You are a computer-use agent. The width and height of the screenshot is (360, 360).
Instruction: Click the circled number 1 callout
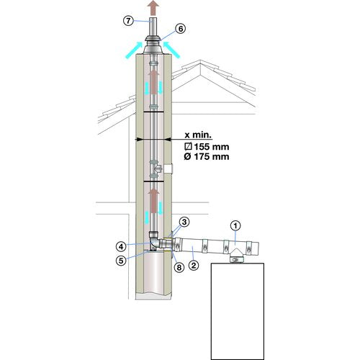(235, 226)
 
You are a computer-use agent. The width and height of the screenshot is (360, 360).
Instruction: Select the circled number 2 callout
(194, 265)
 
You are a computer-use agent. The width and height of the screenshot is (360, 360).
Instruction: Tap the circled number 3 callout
(184, 222)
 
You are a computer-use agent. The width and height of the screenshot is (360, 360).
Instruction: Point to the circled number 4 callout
(121, 246)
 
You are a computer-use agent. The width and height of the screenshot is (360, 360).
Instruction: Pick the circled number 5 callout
(121, 261)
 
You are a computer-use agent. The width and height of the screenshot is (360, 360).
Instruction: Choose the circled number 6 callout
(181, 29)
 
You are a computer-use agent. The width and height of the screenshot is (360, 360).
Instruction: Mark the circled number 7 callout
(128, 21)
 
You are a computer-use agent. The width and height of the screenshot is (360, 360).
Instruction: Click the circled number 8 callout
(179, 267)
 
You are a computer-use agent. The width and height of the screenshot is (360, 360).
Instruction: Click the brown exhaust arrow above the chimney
(153, 8)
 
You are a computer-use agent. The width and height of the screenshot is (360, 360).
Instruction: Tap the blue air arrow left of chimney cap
(134, 50)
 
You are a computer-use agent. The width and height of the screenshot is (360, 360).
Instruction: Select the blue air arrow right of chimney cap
(171, 50)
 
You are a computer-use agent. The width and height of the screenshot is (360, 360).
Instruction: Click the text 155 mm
(212, 147)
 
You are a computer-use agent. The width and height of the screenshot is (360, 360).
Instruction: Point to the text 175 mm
(212, 157)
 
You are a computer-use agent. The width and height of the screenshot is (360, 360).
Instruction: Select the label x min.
(199, 135)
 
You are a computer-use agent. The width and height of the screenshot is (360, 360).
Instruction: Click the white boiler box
(238, 311)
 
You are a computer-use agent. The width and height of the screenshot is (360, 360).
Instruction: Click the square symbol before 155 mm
(189, 147)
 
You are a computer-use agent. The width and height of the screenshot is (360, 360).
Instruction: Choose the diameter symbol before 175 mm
(188, 157)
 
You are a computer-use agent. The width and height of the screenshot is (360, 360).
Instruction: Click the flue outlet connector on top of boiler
(237, 259)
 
